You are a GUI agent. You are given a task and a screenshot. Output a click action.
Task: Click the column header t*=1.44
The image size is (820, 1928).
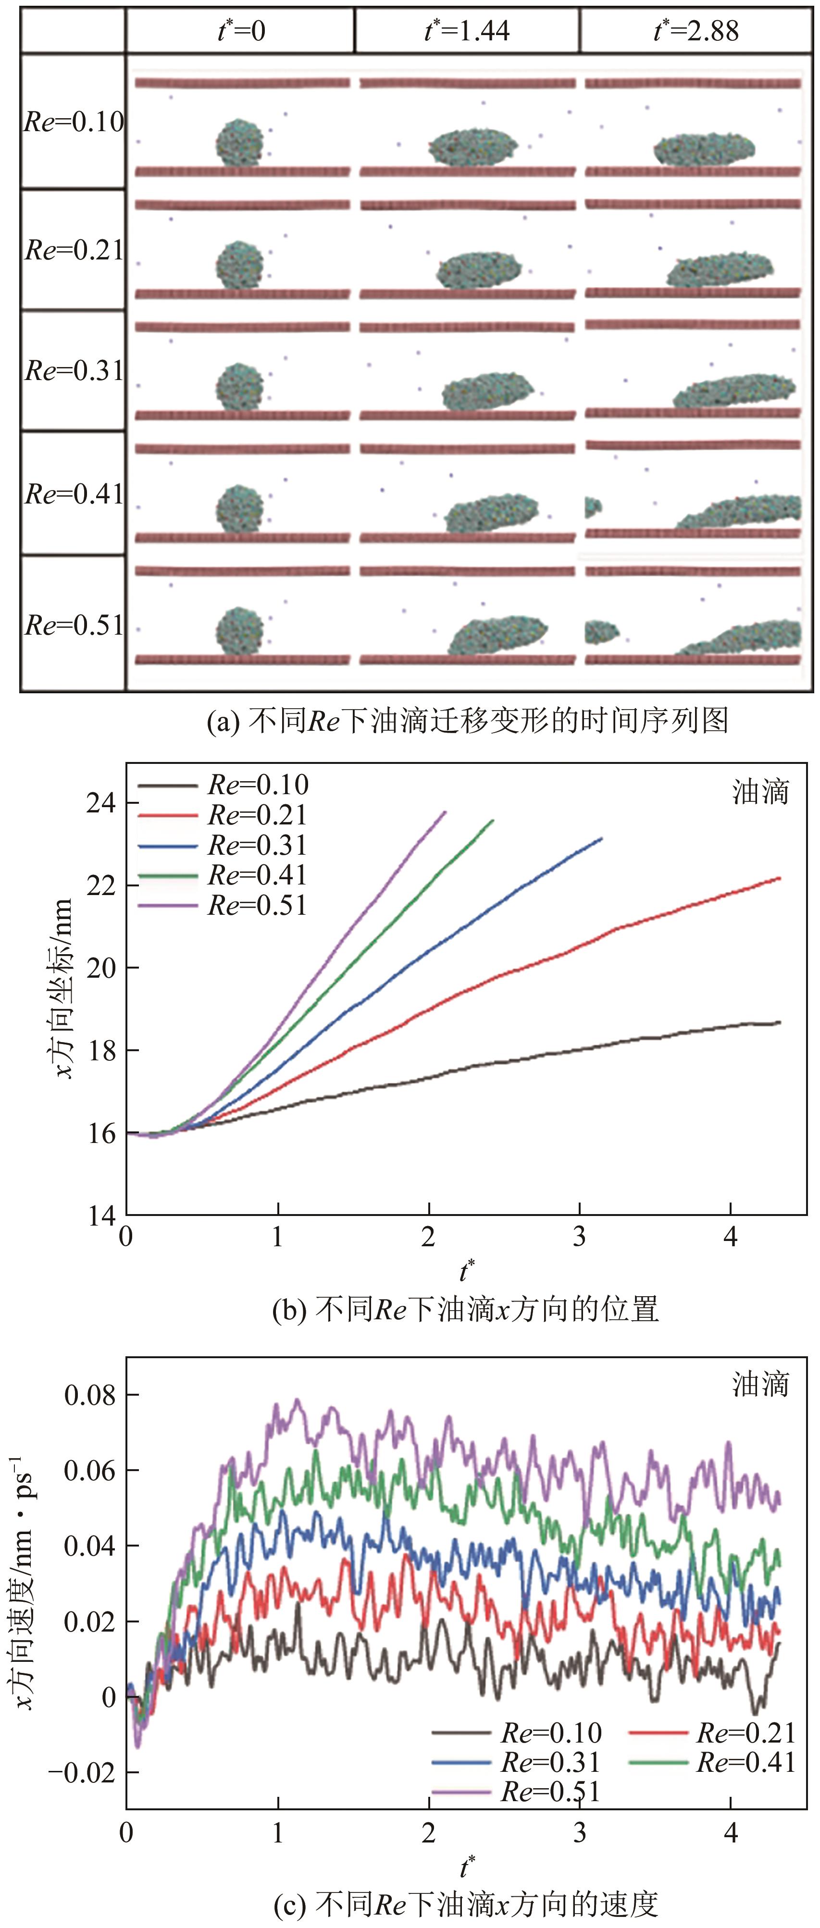467,31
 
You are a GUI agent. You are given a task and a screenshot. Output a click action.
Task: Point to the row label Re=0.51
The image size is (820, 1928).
74,625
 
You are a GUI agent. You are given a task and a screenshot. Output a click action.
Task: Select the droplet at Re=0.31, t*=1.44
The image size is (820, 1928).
487,391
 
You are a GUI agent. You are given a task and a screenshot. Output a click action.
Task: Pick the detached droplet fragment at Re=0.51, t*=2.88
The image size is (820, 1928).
601,632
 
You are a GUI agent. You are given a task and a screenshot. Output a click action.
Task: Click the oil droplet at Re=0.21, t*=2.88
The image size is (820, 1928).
720,270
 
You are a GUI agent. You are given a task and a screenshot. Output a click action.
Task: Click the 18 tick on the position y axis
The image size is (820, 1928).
101,1050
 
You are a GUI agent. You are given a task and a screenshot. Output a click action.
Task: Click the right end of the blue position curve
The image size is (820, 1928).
601,839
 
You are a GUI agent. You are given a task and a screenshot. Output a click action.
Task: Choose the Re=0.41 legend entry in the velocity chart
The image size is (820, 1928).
745,1763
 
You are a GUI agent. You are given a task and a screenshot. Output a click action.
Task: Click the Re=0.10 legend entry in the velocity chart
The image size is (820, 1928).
550,1732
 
